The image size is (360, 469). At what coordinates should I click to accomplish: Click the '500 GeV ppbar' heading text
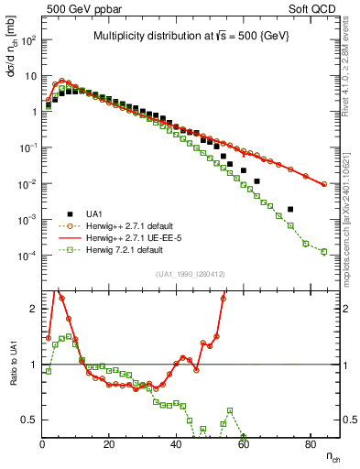tap(79, 7)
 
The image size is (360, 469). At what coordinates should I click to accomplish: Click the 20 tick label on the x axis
tap(109, 444)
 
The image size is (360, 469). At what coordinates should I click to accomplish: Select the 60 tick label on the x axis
tap(243, 444)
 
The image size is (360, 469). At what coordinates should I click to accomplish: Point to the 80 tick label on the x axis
tap(310, 444)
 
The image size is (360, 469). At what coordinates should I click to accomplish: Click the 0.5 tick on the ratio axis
tap(28, 420)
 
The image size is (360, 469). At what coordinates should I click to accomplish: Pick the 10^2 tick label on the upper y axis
tap(28, 41)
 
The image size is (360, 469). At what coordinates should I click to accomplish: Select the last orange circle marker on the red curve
tap(323, 184)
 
